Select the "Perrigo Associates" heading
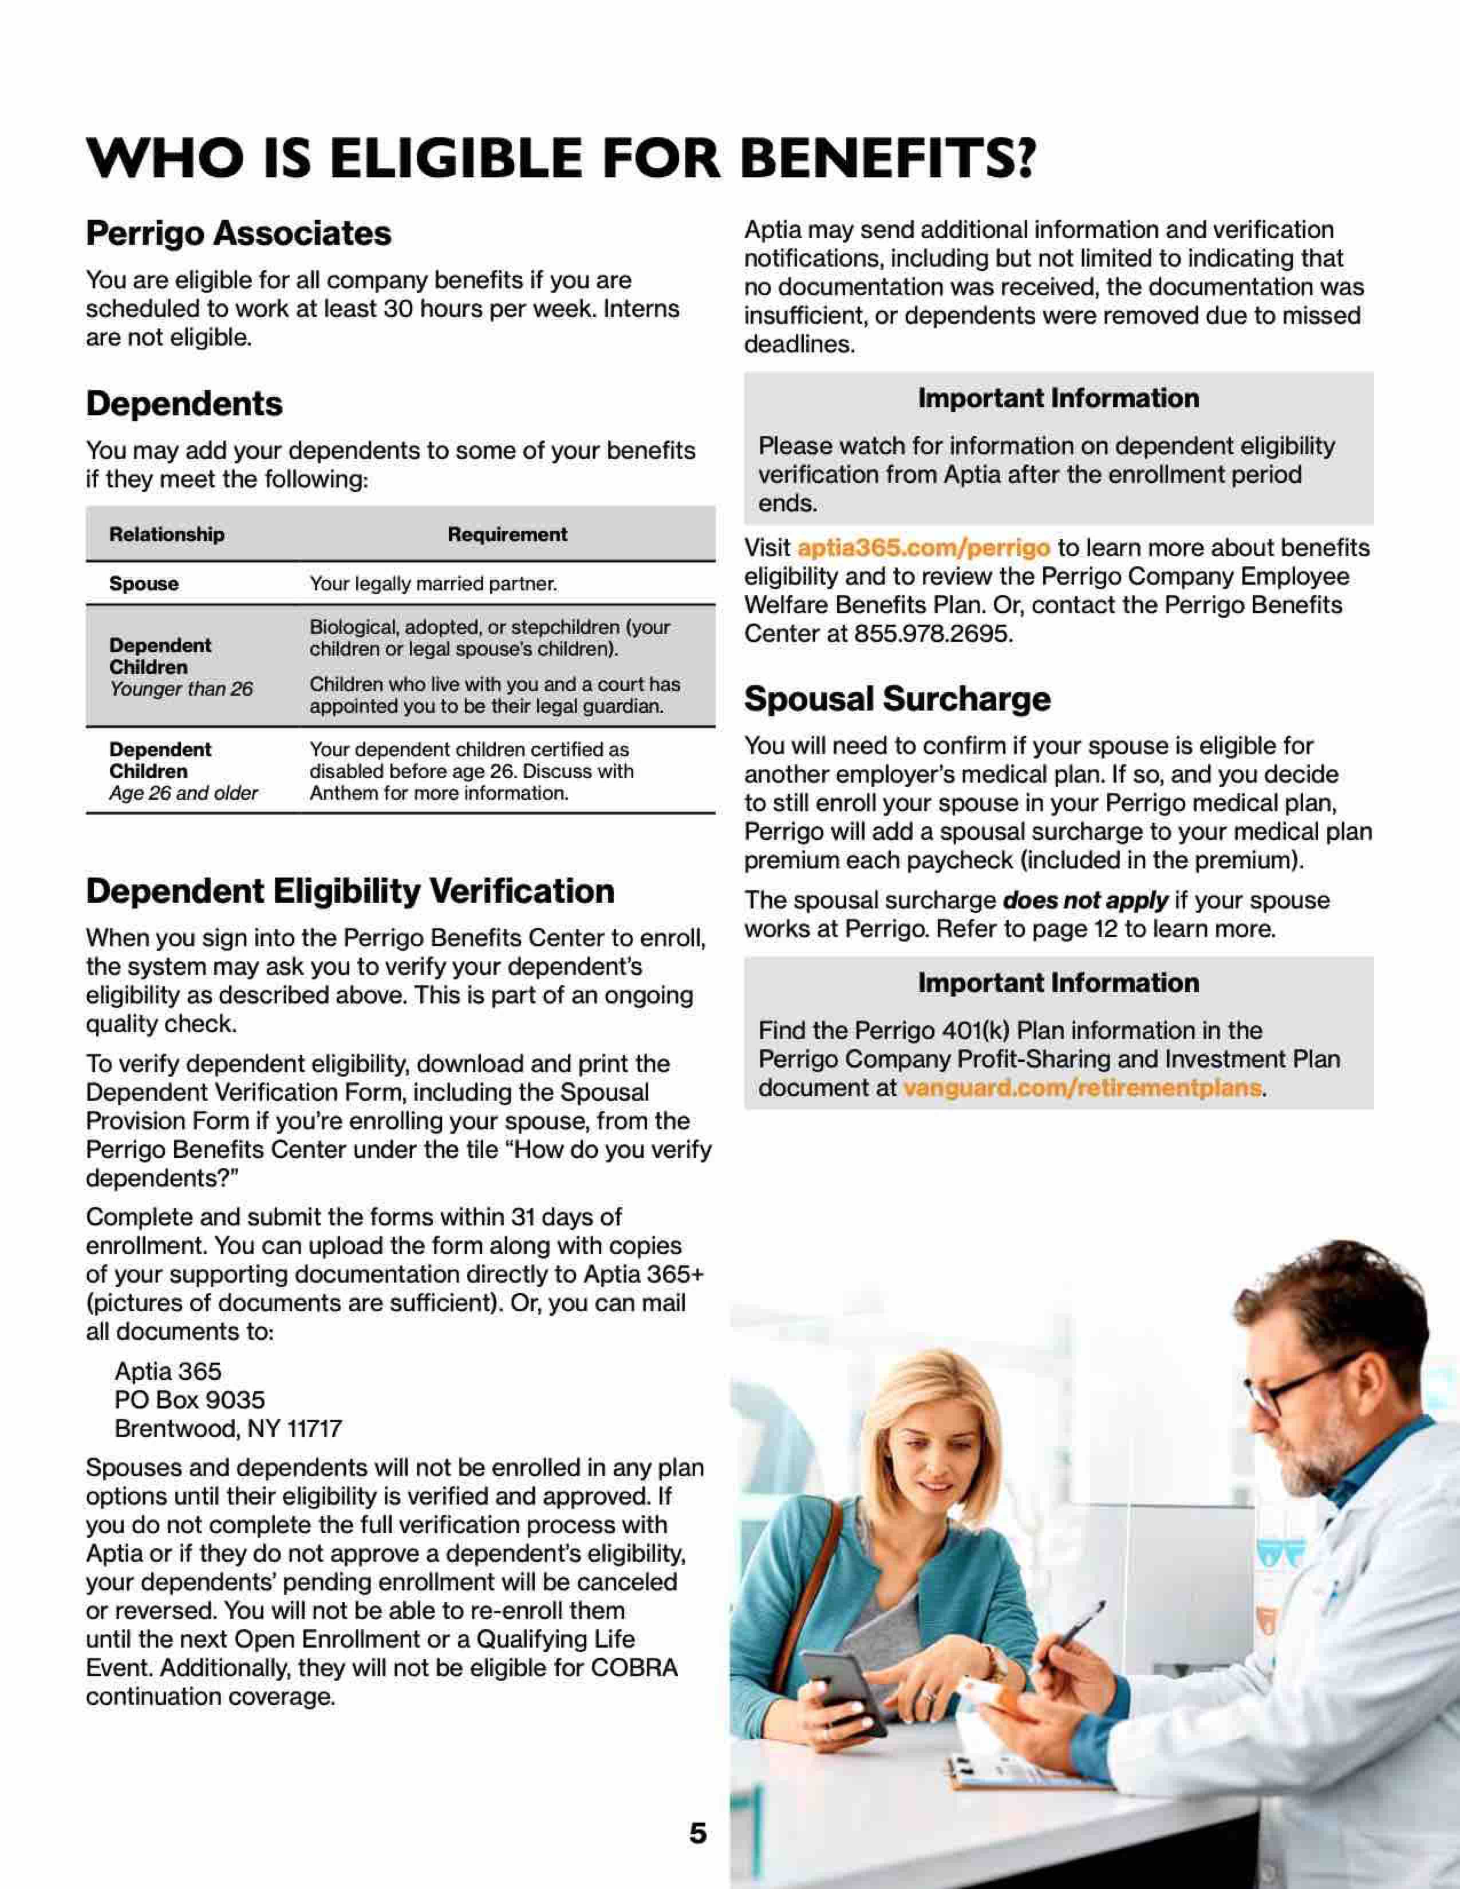tap(238, 233)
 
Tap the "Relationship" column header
tap(166, 534)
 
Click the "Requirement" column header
tap(507, 534)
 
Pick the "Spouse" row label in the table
tap(144, 584)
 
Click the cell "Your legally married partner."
tap(433, 584)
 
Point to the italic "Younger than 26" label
tap(181, 689)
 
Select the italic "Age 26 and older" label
tap(183, 793)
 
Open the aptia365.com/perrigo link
tap(922, 549)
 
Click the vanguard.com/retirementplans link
tap(1082, 1088)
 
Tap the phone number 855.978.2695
tap(933, 634)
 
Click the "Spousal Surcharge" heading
tap(897, 699)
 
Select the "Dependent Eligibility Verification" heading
tap(350, 892)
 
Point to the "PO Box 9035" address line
tap(190, 1400)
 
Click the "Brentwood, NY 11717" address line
tap(228, 1429)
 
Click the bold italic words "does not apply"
tap(1085, 900)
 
